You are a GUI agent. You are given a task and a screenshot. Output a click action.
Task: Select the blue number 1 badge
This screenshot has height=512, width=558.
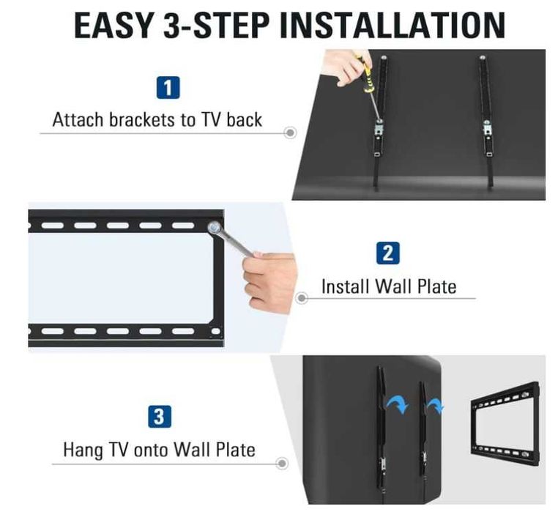pyautogui.click(x=168, y=89)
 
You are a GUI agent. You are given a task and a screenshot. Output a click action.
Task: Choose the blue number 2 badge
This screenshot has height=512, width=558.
pyautogui.click(x=387, y=253)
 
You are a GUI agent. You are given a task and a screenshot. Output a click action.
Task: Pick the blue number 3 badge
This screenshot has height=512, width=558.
pyautogui.click(x=159, y=418)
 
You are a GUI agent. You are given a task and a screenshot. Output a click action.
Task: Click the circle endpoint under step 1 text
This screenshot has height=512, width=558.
pyautogui.click(x=290, y=133)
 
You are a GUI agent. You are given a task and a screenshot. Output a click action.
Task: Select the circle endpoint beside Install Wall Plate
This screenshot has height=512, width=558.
pyautogui.click(x=302, y=299)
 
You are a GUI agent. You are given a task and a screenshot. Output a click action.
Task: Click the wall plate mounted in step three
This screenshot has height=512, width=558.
pyautogui.click(x=506, y=419)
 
